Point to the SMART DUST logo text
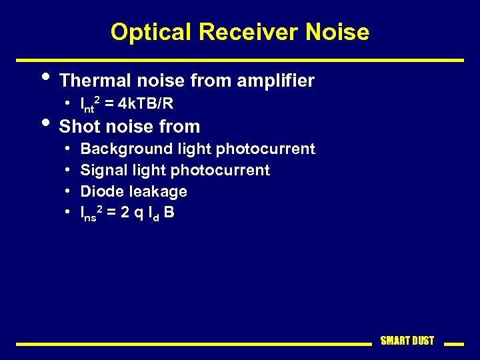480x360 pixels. click(x=407, y=341)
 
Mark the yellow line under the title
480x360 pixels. click(x=240, y=60)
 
